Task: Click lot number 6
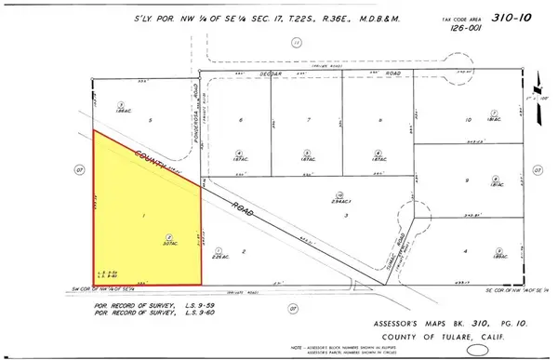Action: [x=240, y=121]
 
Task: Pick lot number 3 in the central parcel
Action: [x=345, y=215]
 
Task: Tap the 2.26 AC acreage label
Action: [x=218, y=259]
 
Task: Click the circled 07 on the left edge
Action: [x=78, y=170]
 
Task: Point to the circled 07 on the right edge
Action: [x=538, y=170]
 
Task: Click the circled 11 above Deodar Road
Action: [x=296, y=42]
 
